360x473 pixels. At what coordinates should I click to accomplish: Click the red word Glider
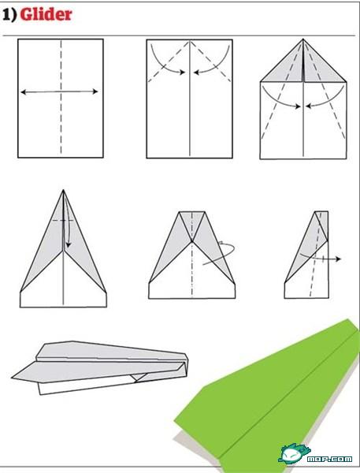point(46,14)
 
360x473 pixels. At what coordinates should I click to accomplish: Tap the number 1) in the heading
point(9,15)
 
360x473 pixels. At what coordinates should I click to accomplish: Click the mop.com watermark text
point(329,459)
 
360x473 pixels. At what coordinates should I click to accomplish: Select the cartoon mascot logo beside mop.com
point(293,453)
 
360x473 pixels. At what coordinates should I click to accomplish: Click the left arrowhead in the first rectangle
point(23,91)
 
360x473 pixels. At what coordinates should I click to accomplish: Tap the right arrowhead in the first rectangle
point(95,91)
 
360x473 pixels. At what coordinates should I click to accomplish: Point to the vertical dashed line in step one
point(61,97)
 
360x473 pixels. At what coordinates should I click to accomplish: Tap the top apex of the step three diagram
point(303,39)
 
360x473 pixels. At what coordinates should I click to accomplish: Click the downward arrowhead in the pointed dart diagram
point(69,244)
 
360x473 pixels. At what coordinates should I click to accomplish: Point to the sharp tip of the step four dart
point(63,190)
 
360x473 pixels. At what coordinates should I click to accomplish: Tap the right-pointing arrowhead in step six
point(338,259)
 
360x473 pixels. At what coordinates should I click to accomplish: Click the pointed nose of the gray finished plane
point(13,378)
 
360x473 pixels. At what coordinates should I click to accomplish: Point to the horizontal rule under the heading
point(179,35)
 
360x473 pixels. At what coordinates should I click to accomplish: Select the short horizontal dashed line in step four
point(63,221)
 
